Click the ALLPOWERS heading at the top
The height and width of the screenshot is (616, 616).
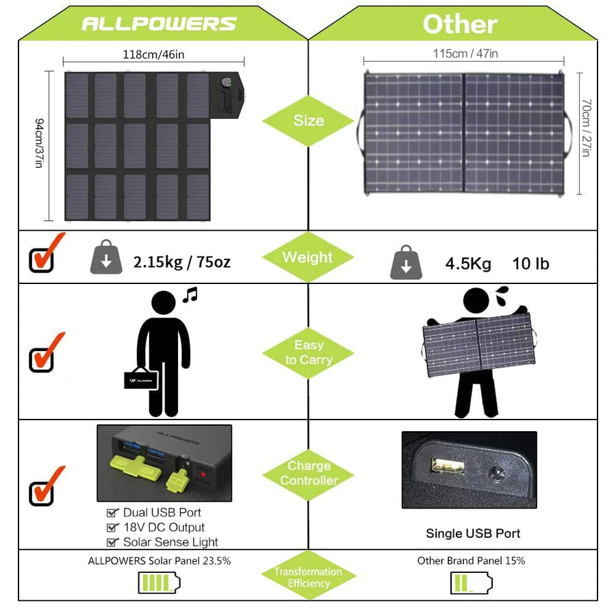(x=159, y=24)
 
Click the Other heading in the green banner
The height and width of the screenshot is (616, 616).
(x=460, y=24)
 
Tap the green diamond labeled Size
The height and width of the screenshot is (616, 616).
(x=308, y=120)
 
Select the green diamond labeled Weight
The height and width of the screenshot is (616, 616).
(x=308, y=257)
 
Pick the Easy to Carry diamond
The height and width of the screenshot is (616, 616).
(x=308, y=352)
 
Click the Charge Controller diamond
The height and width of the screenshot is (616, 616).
(x=308, y=473)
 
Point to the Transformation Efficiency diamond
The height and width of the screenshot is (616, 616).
(x=308, y=577)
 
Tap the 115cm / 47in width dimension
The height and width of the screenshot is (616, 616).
(x=465, y=53)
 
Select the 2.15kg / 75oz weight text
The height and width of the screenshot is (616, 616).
(x=182, y=262)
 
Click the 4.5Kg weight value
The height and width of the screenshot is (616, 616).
(x=468, y=264)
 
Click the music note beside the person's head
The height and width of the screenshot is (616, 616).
(x=190, y=295)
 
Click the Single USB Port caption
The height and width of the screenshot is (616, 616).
(x=473, y=533)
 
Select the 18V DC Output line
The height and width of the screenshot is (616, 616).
(x=164, y=527)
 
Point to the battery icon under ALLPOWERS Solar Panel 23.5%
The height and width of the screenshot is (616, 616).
(x=159, y=583)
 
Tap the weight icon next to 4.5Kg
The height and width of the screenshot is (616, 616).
(x=406, y=263)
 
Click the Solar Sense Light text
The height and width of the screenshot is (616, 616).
(x=170, y=542)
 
